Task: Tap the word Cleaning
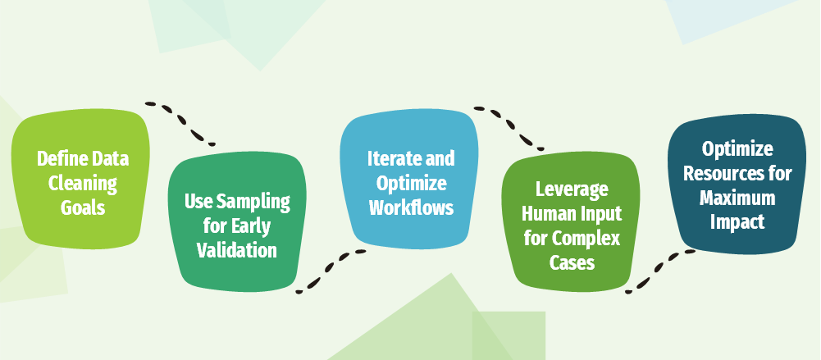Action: (x=83, y=183)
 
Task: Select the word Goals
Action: (x=83, y=207)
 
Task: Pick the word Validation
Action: (x=237, y=250)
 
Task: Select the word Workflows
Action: (x=411, y=207)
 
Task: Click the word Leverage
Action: (x=572, y=190)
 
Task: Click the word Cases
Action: (x=572, y=262)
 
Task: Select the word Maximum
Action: (x=737, y=198)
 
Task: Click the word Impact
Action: (x=737, y=222)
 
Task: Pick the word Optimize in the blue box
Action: (x=411, y=183)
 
